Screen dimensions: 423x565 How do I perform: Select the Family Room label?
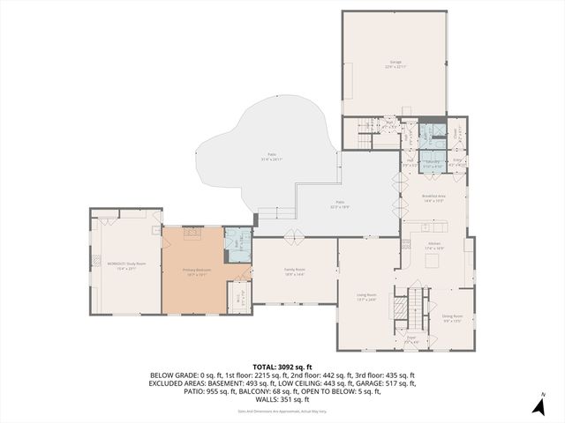(294, 271)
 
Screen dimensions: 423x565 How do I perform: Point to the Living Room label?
(366, 297)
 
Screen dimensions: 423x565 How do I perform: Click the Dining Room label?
(452, 318)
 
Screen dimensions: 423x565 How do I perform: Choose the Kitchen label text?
(433, 246)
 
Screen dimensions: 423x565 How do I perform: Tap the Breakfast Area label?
(433, 197)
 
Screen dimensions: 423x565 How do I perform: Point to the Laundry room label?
(433, 163)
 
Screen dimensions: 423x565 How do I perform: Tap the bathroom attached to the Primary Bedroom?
(237, 242)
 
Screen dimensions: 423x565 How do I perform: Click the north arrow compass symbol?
(539, 404)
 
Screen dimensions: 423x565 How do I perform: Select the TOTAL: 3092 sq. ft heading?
(282, 366)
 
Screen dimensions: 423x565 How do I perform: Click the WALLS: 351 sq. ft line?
(282, 400)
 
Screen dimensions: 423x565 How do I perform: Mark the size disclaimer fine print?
(282, 411)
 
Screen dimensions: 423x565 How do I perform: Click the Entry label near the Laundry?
(457, 162)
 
